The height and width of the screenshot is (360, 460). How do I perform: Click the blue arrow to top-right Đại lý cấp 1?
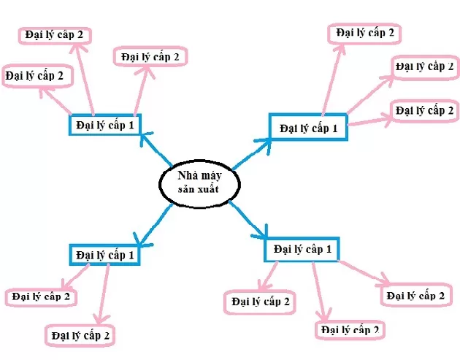(253, 154)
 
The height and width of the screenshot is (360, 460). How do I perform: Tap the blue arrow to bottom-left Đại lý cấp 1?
(154, 224)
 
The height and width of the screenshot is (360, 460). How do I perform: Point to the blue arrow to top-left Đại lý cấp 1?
(156, 149)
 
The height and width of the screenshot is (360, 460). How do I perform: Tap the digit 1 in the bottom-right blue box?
(329, 250)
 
